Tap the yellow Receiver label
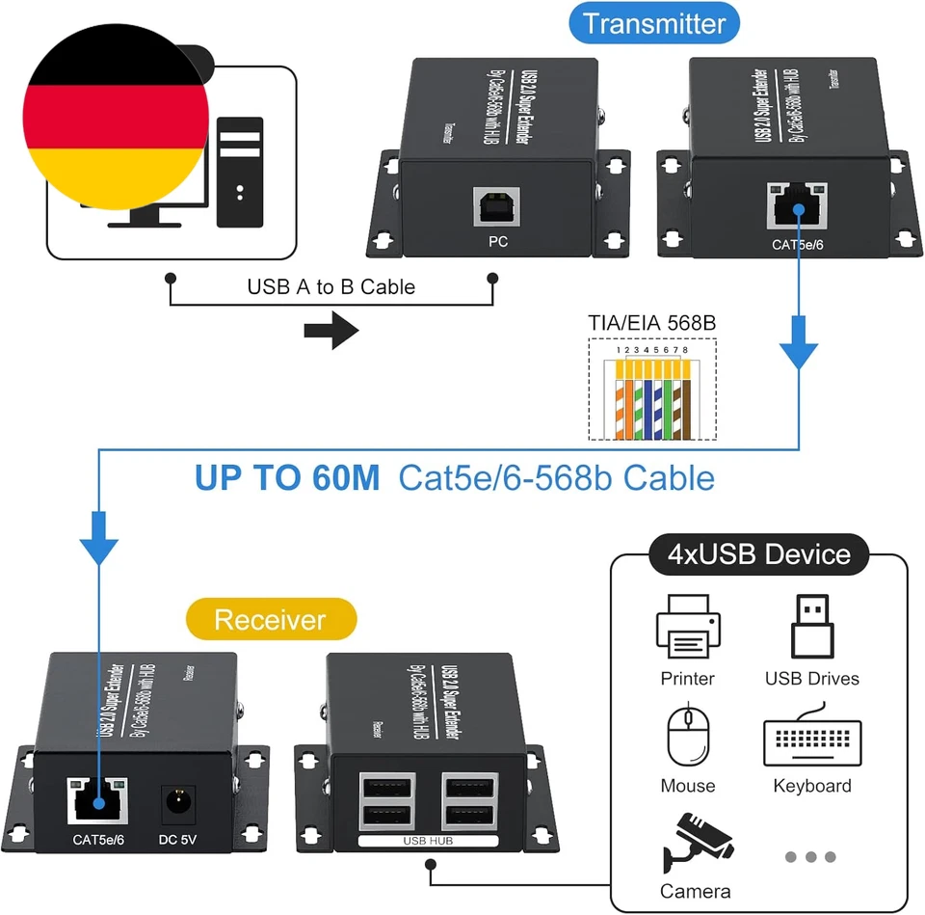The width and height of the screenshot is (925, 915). coord(270,619)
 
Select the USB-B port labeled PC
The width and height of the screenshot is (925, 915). coord(497,210)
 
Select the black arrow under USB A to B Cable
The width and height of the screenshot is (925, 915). coord(330,331)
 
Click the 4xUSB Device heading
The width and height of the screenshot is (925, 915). coord(760,554)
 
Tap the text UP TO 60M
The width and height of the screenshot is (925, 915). coord(287,477)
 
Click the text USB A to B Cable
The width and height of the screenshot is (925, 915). coord(330,286)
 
